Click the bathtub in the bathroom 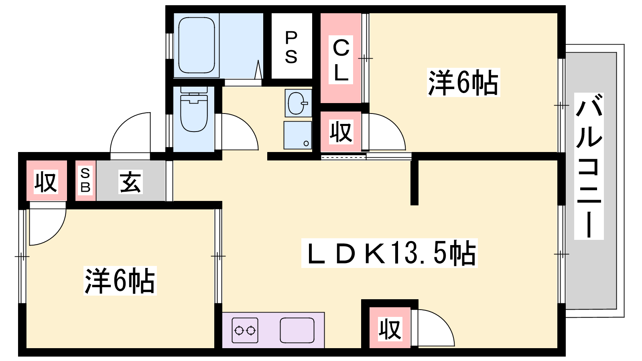197,45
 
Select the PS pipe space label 291,48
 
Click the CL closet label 341,60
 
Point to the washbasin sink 299,103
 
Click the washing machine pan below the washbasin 298,135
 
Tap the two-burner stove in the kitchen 245,331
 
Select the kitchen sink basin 297,330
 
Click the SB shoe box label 85,180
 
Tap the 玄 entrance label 130,182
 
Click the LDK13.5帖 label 389,253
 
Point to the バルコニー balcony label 589,166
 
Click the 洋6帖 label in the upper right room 463,82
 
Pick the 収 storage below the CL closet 341,132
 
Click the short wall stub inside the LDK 414,183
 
